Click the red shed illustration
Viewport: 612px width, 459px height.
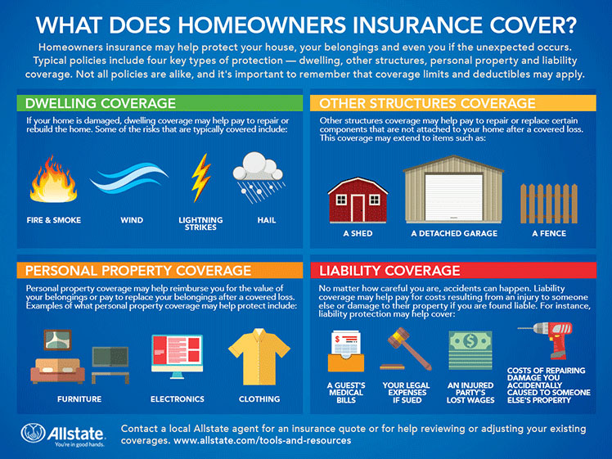coord(357,197)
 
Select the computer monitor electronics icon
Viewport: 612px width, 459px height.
coord(177,357)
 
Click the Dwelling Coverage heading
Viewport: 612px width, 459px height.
coord(101,104)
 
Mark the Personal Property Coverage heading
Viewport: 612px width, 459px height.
coord(138,271)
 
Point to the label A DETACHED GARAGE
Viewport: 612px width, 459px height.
coord(453,233)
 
